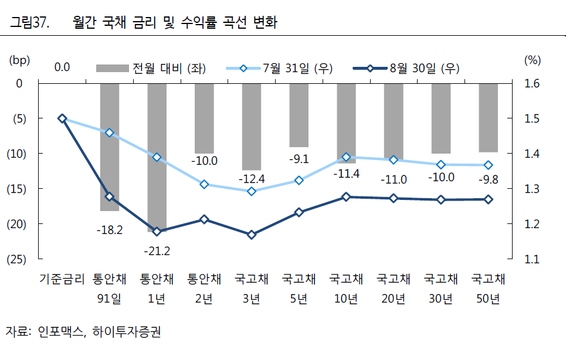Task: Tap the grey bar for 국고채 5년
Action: click(x=299, y=114)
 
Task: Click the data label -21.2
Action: click(x=157, y=251)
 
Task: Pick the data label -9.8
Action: click(x=488, y=179)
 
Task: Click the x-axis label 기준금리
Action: click(x=62, y=279)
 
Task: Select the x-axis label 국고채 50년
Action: click(x=489, y=289)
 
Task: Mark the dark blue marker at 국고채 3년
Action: click(x=252, y=235)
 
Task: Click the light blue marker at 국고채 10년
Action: click(x=346, y=157)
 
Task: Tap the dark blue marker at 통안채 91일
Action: click(x=109, y=196)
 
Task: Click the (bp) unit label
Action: click(x=19, y=60)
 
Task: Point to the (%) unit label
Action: click(x=531, y=60)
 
